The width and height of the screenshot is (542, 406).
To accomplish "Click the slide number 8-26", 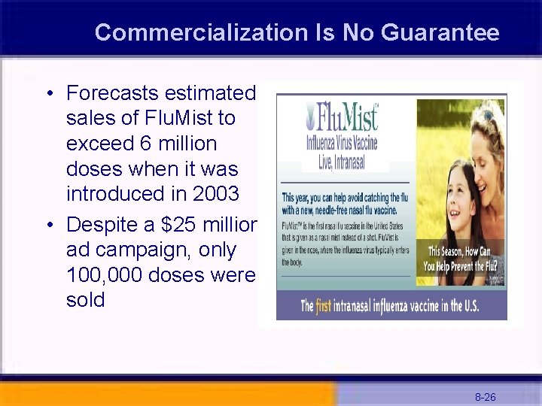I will point(485,397).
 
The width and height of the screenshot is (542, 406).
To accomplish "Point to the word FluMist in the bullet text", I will point(200,118).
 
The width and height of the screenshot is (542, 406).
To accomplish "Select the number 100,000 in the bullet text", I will point(105,275).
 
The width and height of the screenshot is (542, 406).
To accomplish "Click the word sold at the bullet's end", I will point(85,301).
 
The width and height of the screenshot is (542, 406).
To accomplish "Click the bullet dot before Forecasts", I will point(47,94).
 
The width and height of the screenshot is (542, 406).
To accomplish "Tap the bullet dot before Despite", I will point(47,226).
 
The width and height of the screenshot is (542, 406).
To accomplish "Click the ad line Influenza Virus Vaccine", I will point(342,143).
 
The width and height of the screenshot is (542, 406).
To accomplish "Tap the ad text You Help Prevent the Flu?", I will point(463,266).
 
